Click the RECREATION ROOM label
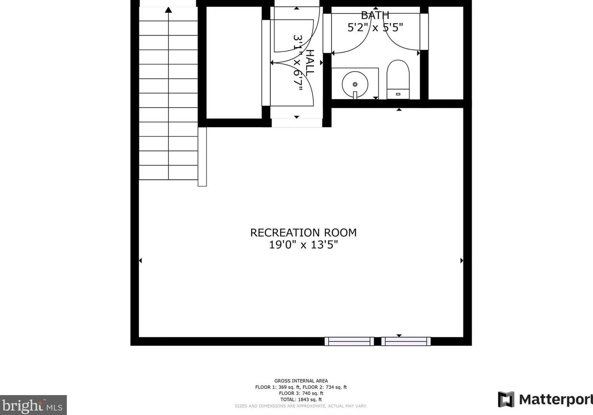click(303, 233)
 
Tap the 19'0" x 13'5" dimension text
click(303, 245)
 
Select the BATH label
click(375, 16)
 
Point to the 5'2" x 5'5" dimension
click(375, 27)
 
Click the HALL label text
click(310, 62)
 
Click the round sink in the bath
click(355, 84)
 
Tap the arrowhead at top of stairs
click(169, 10)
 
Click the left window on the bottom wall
click(349, 341)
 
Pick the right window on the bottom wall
click(406, 341)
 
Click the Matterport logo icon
click(506, 399)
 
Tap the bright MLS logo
click(33, 405)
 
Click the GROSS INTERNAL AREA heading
click(301, 381)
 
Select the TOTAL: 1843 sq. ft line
click(301, 399)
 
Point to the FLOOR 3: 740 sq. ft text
click(301, 393)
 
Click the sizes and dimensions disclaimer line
click(301, 406)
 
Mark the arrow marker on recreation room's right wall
click(462, 260)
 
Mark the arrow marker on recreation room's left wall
click(140, 260)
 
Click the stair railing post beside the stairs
click(202, 156)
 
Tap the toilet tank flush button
click(398, 94)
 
